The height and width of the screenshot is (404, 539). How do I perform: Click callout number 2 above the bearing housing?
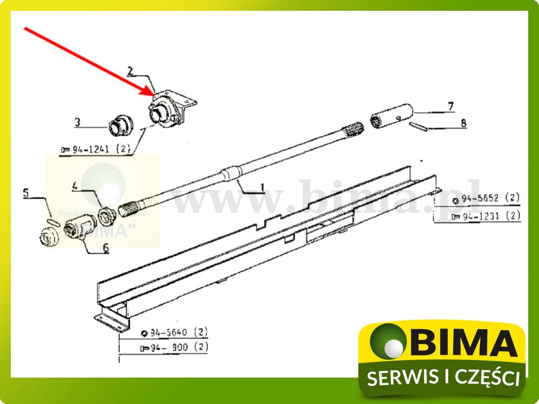(x=130, y=71)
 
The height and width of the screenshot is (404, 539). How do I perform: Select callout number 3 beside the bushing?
(x=78, y=122)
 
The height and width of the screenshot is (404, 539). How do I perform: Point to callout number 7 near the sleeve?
(x=451, y=105)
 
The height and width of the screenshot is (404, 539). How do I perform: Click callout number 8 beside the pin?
(x=463, y=123)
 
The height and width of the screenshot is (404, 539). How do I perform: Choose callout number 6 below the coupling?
(x=106, y=248)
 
